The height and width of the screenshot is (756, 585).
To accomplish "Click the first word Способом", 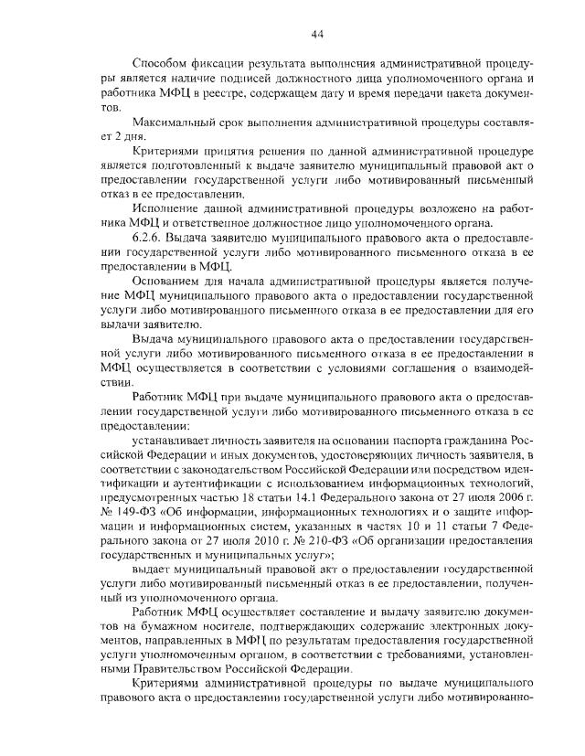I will tap(162, 63).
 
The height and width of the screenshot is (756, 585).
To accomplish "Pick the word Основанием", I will tap(170, 282).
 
